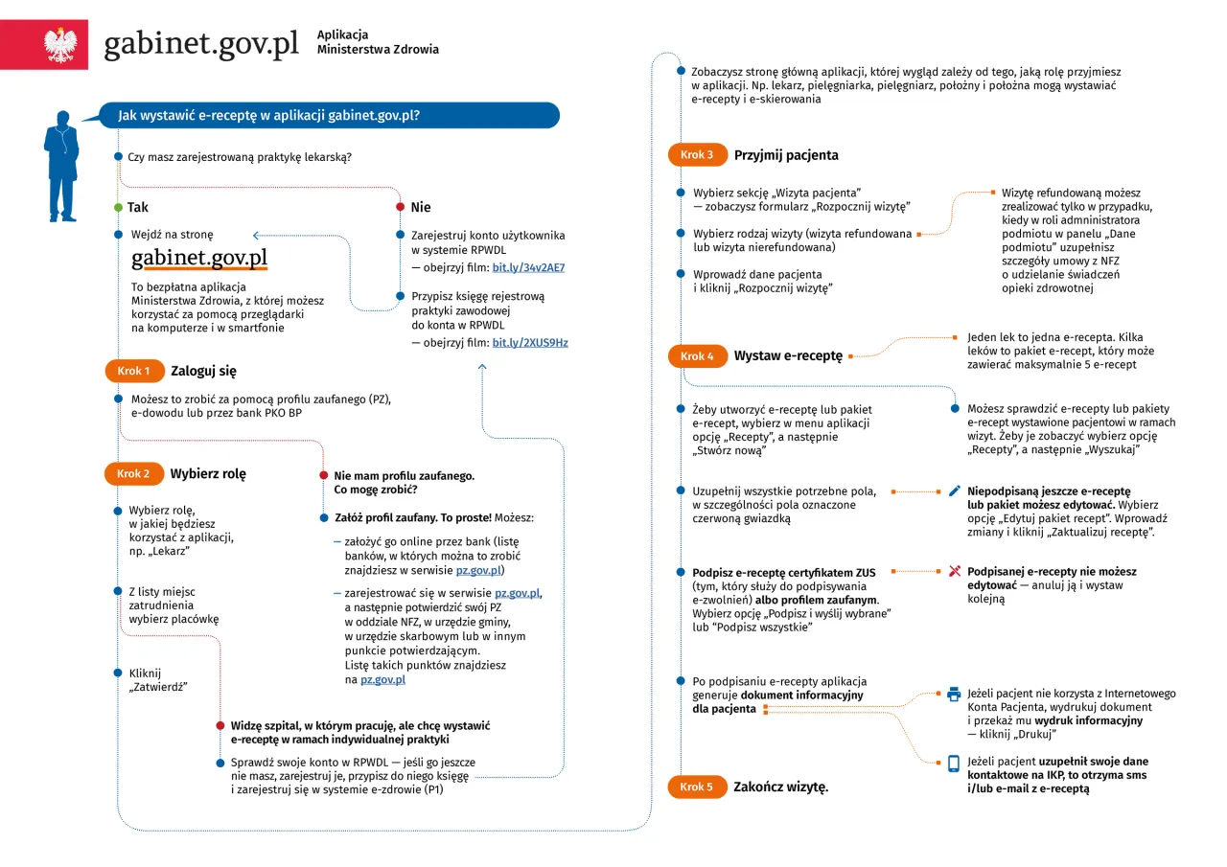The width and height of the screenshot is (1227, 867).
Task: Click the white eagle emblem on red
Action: (59, 45)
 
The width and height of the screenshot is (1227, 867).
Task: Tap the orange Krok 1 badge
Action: (133, 371)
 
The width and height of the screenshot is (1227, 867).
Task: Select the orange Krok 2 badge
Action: (133, 473)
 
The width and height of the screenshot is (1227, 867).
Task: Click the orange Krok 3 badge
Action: (697, 154)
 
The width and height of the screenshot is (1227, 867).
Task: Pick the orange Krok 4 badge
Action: (697, 356)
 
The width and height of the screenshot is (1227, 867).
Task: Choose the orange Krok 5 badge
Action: (697, 787)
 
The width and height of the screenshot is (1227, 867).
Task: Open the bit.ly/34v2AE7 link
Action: (528, 267)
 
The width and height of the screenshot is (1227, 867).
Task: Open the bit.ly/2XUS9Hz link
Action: (530, 342)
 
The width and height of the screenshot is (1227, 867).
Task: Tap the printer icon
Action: (954, 695)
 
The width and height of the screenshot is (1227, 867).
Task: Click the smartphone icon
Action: (954, 764)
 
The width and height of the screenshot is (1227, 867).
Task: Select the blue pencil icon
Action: (954, 491)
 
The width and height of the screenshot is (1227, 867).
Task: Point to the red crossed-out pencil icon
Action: (954, 571)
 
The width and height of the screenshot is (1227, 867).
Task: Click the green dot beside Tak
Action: (117, 208)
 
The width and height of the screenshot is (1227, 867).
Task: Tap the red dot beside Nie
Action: (400, 208)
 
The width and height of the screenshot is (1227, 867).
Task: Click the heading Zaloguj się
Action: (203, 371)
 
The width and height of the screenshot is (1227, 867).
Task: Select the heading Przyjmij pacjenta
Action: (786, 154)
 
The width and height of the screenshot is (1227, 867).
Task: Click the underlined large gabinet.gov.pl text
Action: (199, 259)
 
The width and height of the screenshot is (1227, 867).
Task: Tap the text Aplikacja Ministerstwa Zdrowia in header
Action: (378, 42)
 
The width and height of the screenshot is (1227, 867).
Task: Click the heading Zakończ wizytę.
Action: (780, 787)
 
